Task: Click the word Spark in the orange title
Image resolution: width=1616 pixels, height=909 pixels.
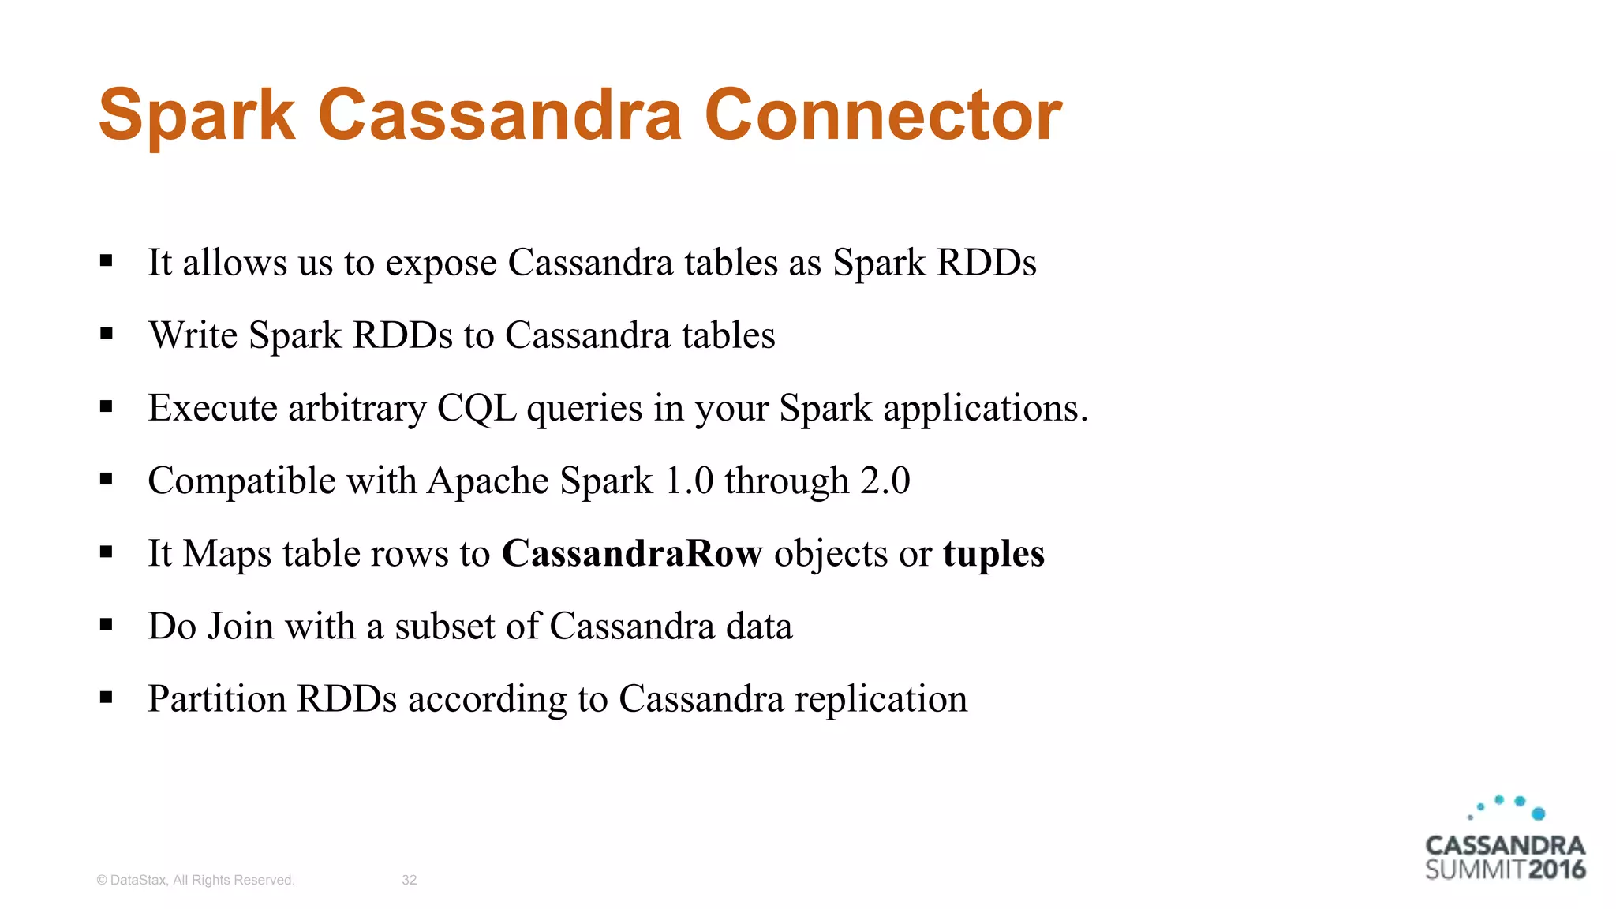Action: (x=196, y=116)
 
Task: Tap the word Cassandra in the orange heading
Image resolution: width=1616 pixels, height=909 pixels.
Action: (x=499, y=116)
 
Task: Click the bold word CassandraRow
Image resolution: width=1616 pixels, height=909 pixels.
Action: (x=632, y=553)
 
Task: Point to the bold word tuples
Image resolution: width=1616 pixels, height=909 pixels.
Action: (x=993, y=553)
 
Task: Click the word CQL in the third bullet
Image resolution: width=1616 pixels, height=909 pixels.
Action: (x=477, y=408)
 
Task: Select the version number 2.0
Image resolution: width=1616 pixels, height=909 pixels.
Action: (x=885, y=481)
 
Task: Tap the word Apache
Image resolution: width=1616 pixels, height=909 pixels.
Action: (x=488, y=481)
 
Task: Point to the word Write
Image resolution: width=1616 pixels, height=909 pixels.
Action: (x=193, y=335)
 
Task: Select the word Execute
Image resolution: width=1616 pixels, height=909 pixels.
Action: (x=212, y=408)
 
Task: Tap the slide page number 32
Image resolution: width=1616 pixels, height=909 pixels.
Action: (x=409, y=880)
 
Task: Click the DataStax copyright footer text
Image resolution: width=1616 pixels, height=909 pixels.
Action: (x=195, y=880)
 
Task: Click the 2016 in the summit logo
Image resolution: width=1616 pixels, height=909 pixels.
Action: (x=1556, y=870)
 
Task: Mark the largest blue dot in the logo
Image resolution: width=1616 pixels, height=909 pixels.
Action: (x=1538, y=814)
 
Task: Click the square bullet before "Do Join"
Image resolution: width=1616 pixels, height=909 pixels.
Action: (x=107, y=625)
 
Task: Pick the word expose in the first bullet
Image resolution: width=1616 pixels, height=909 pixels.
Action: (x=441, y=264)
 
